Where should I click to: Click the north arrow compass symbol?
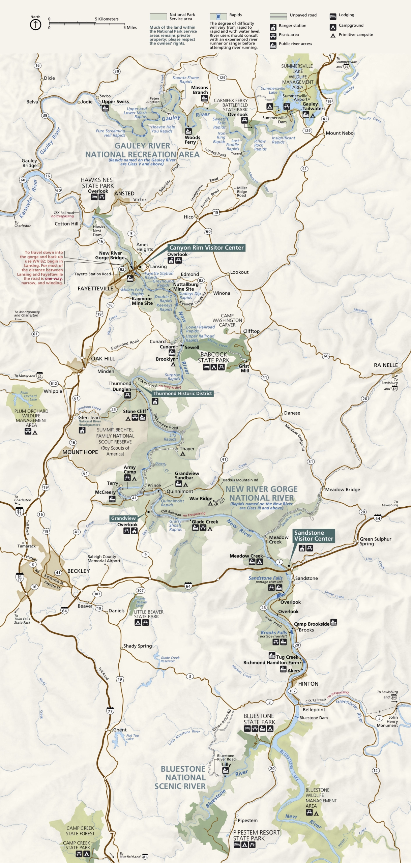pos(35,25)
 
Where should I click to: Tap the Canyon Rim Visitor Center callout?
pos(206,248)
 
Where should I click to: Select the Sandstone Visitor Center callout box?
pos(313,536)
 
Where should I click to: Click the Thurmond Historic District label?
pos(182,393)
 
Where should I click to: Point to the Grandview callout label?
pos(123,518)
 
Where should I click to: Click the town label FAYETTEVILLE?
pos(95,289)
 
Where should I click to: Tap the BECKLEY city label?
pos(79,571)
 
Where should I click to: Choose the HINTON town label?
pos(308,684)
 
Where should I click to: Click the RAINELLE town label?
pos(386,365)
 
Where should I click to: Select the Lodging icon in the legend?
pos(333,16)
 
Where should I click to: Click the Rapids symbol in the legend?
pos(218,17)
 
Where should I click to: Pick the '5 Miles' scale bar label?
pos(130,28)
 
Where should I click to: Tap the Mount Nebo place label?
pos(340,133)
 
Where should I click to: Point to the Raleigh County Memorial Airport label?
pos(104,559)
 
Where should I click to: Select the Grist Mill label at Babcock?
pos(244,368)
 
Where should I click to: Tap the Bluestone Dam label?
pos(313,718)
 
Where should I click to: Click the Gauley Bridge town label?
pos(29,163)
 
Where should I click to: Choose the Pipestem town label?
pos(247,821)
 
